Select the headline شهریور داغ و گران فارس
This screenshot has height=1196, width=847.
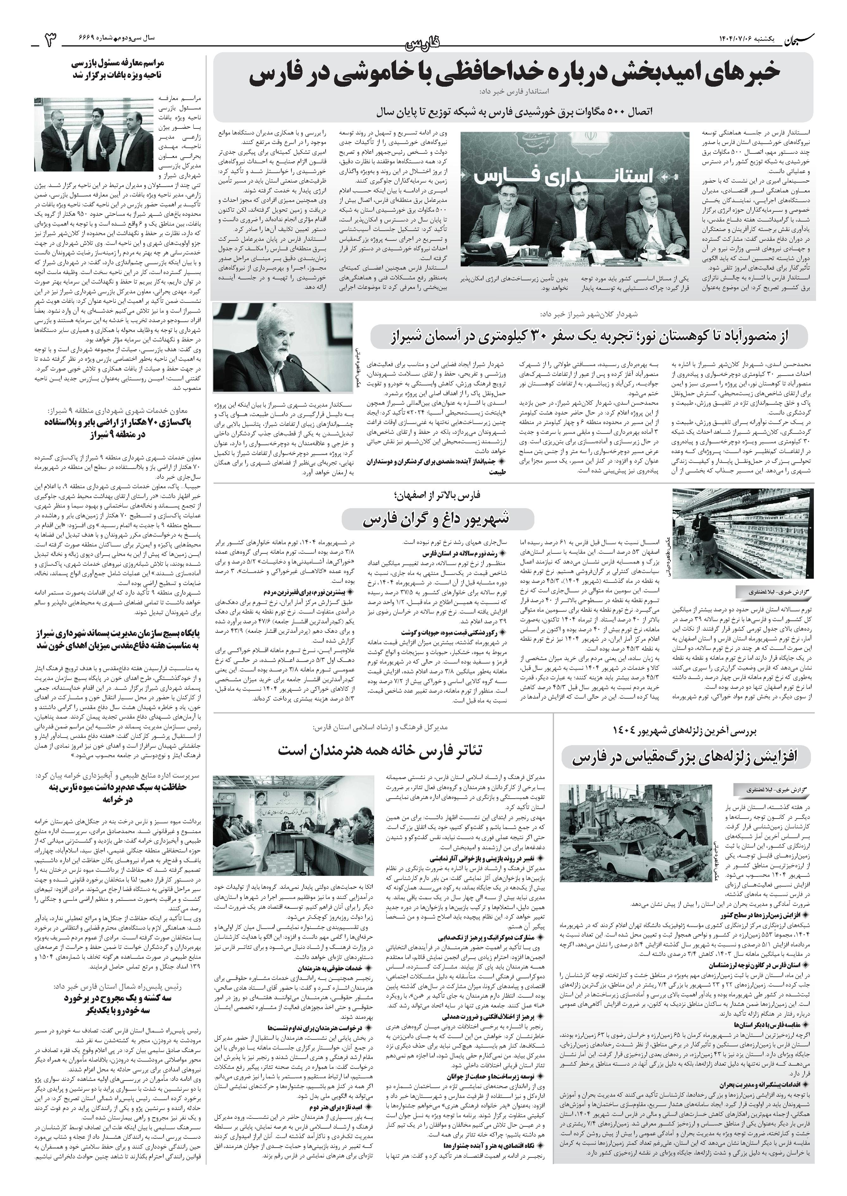tap(438, 519)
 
